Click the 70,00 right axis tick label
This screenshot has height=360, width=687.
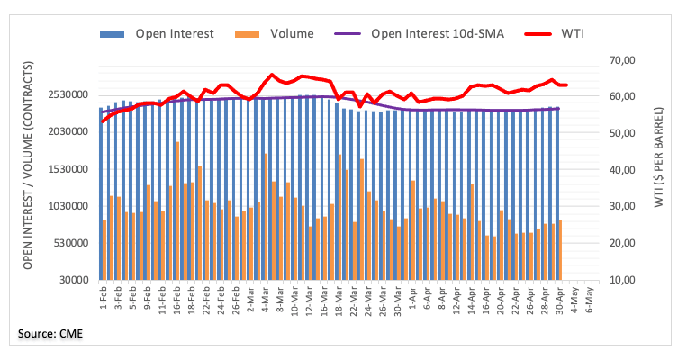click(x=622, y=60)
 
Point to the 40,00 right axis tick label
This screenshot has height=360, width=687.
click(x=622, y=170)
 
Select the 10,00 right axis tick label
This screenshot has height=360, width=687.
click(x=622, y=280)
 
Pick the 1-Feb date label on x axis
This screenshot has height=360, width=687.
click(x=104, y=297)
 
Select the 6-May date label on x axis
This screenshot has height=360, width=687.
click(x=589, y=297)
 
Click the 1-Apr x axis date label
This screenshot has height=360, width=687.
click(x=412, y=297)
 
